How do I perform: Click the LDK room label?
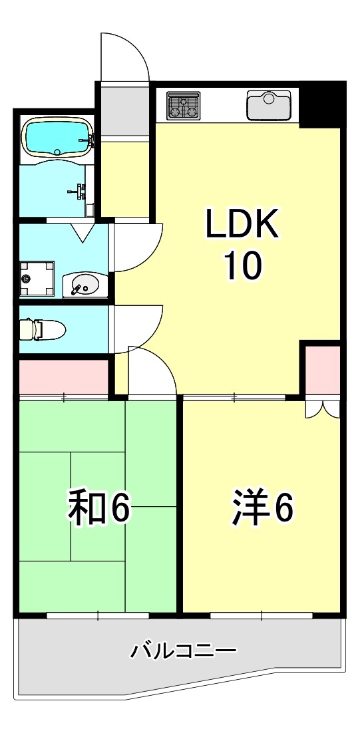[x=240, y=224]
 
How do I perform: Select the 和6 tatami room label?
[x=98, y=508]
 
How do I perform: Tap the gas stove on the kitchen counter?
[x=183, y=106]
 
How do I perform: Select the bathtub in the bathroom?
[x=57, y=136]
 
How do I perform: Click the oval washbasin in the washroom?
[x=83, y=285]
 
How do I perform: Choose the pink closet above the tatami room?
[x=63, y=376]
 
